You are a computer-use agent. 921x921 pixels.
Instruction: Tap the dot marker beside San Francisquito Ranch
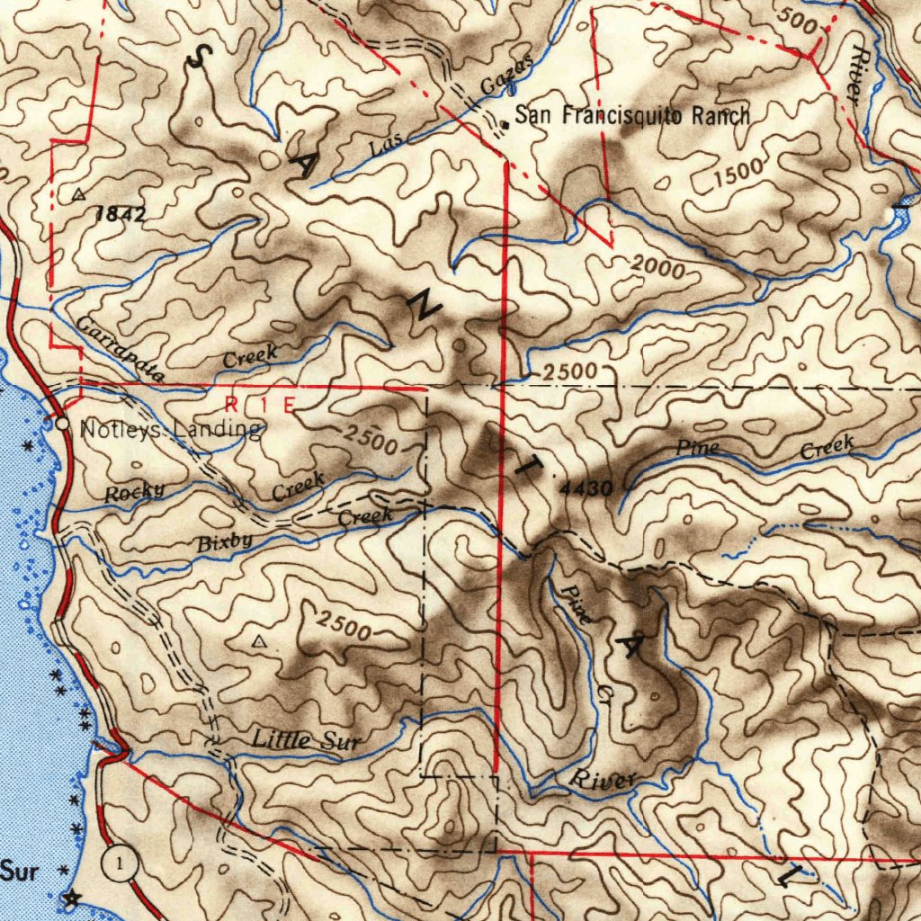[505, 125]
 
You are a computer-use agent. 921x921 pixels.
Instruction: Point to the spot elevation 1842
[121, 214]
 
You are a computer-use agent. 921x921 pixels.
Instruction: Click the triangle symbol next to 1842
[79, 194]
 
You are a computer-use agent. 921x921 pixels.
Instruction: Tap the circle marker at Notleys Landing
[62, 422]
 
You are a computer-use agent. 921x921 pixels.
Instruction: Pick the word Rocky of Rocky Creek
[134, 492]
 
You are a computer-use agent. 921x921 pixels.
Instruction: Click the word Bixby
[225, 542]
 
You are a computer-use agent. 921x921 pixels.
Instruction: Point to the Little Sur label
[306, 741]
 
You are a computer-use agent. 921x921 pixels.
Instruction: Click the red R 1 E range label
[260, 405]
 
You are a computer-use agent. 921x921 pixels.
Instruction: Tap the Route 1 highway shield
[119, 864]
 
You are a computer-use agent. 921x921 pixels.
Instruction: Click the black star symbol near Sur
[70, 897]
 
